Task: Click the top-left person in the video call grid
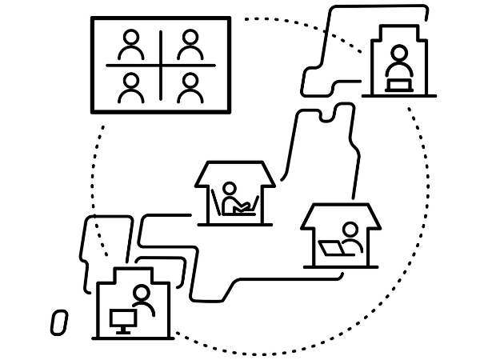130,46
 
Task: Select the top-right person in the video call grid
190,46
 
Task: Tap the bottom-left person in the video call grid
130,86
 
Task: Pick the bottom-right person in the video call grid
190,86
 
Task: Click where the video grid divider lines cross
161,66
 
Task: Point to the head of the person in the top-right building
398,55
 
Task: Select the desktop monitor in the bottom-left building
122,318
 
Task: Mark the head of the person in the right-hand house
349,230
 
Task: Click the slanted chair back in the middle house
215,205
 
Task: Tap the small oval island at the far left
58,320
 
